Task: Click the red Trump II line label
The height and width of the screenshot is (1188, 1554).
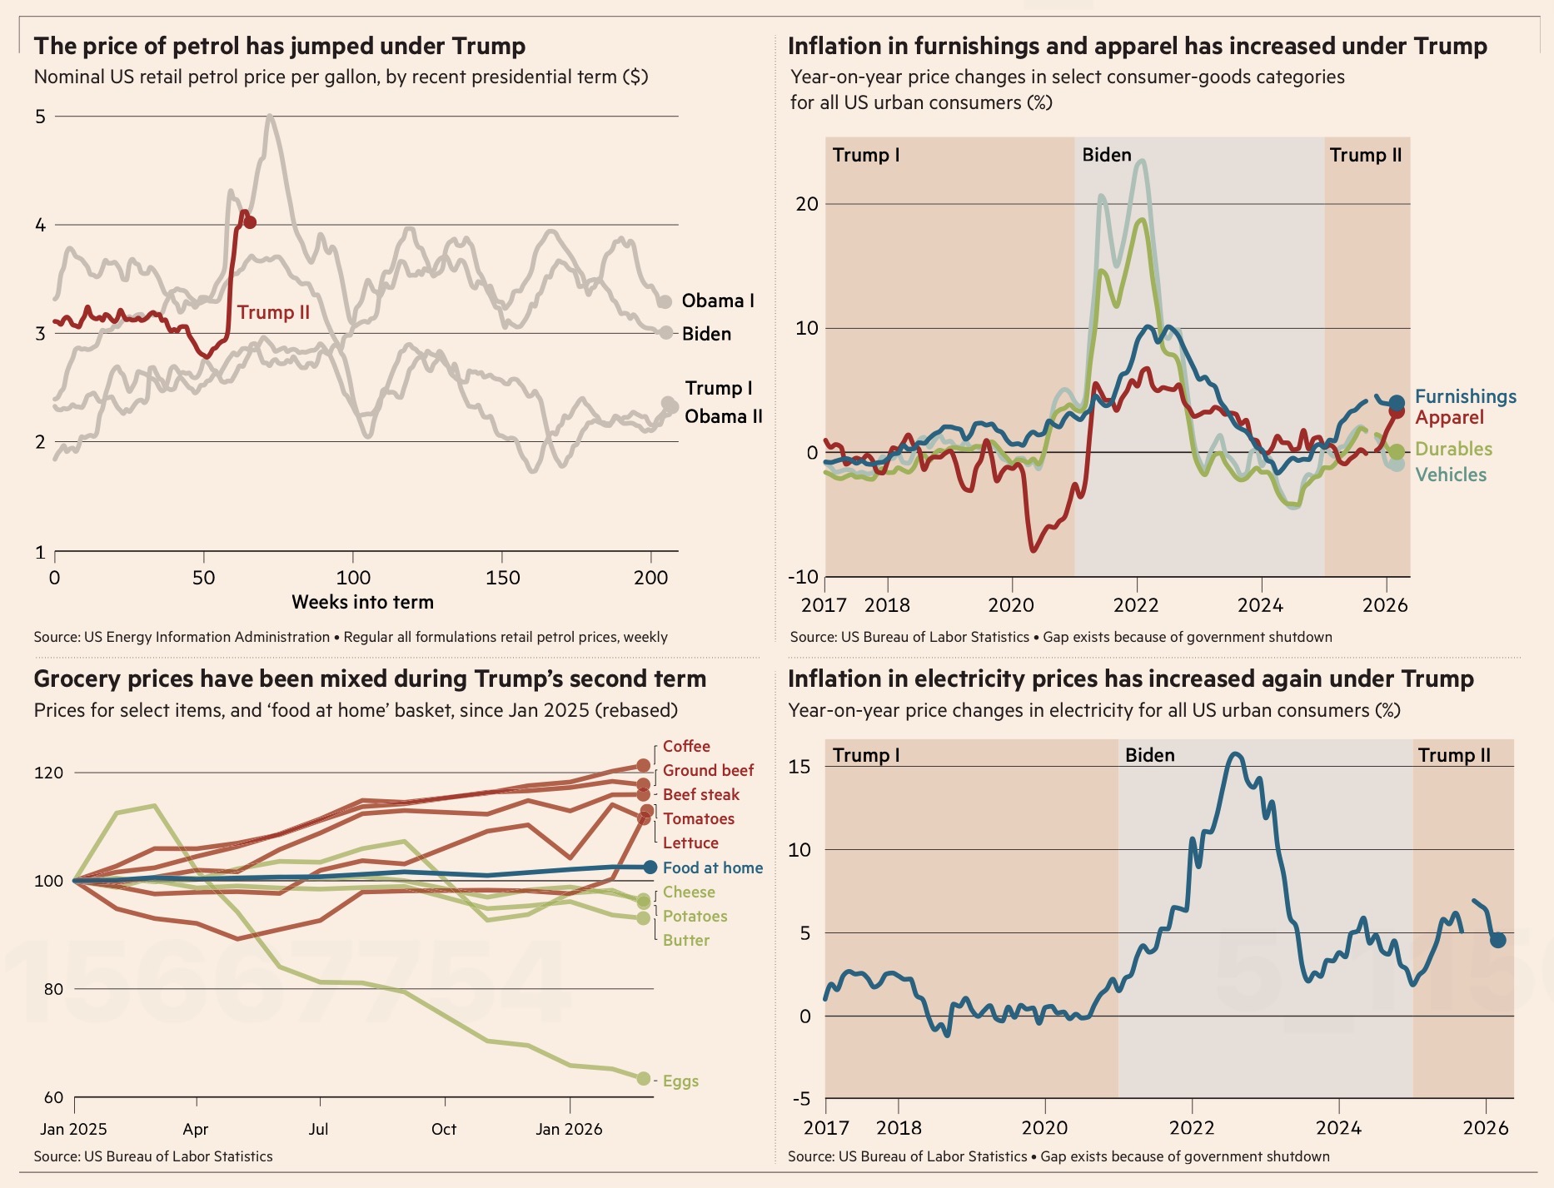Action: coord(273,312)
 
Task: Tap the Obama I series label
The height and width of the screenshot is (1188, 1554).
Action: coord(718,301)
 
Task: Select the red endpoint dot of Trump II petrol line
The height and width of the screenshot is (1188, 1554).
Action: coord(250,222)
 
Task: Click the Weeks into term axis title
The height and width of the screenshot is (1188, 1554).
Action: coord(362,602)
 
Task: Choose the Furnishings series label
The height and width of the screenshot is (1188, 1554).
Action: coord(1466,396)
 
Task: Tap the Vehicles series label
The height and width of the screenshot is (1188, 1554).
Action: coord(1451,475)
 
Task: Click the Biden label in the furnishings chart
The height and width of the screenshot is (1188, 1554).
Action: coord(1107,155)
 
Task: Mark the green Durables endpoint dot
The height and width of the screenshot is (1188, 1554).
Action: coord(1397,451)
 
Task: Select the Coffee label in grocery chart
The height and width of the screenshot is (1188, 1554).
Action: coord(686,747)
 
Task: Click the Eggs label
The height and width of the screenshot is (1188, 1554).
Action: coord(680,1081)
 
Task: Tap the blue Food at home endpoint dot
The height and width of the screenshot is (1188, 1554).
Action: coord(650,867)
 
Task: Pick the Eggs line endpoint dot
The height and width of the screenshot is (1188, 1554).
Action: coord(643,1079)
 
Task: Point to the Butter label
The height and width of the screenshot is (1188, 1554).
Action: coord(686,941)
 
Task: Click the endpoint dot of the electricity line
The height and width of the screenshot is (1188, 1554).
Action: coord(1498,940)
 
